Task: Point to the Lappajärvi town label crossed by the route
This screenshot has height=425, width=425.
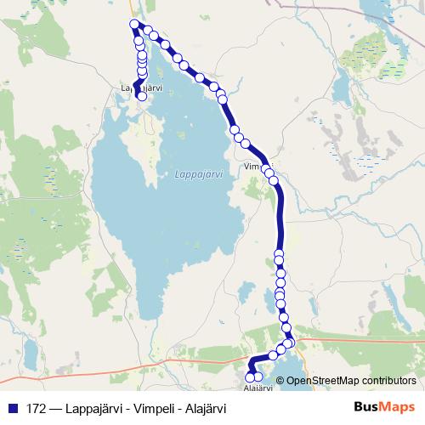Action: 136,87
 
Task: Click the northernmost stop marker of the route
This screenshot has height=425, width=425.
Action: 133,24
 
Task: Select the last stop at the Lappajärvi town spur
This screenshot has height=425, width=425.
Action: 142,97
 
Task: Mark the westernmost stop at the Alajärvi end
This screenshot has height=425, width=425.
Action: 249,377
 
